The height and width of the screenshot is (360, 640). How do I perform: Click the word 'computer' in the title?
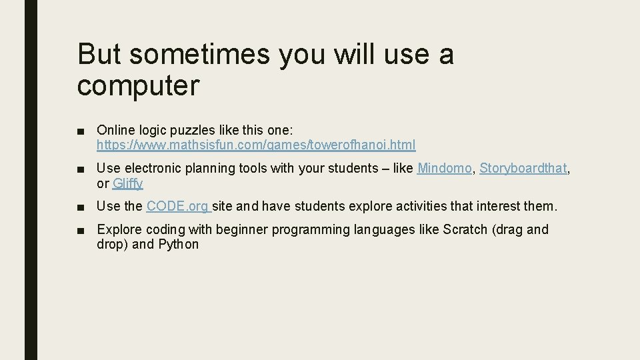coord(138,86)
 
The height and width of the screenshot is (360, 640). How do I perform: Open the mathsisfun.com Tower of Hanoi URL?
coord(256,145)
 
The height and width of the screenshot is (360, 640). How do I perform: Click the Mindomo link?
coord(444,169)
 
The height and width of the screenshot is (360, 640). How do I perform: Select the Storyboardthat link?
coord(523,169)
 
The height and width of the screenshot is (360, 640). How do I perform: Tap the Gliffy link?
coord(128,183)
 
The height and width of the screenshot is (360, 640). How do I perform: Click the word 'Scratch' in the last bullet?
coord(465,229)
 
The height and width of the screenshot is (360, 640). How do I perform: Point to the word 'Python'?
coord(178,244)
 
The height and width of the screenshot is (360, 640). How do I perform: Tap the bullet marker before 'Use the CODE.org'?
coord(81,207)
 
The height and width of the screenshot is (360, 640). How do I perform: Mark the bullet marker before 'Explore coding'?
coord(81,230)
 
